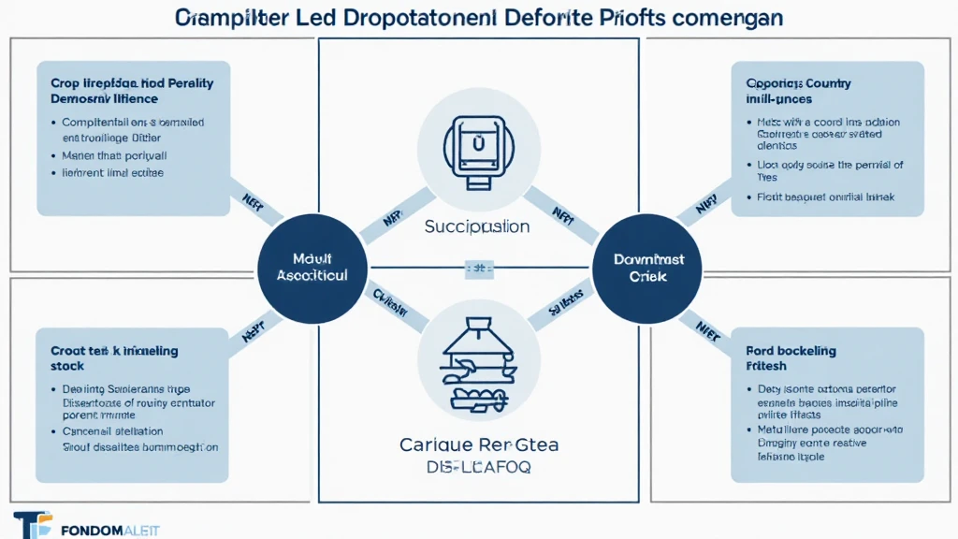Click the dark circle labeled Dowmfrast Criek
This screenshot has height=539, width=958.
[x=649, y=267]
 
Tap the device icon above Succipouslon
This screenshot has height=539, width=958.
[x=478, y=148]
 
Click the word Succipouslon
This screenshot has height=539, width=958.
[x=476, y=226]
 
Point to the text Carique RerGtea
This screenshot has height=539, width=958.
[x=478, y=445]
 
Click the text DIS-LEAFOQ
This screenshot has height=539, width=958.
[x=478, y=467]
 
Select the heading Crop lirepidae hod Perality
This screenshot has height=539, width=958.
[x=132, y=83]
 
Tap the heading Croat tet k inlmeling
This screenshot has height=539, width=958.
[x=114, y=351]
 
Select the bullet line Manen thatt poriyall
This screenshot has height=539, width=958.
[x=114, y=155]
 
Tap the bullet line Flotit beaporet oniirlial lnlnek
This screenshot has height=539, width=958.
[x=825, y=197]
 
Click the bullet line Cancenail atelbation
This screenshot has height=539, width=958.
[x=112, y=431]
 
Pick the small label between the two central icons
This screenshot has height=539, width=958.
[x=478, y=268]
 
